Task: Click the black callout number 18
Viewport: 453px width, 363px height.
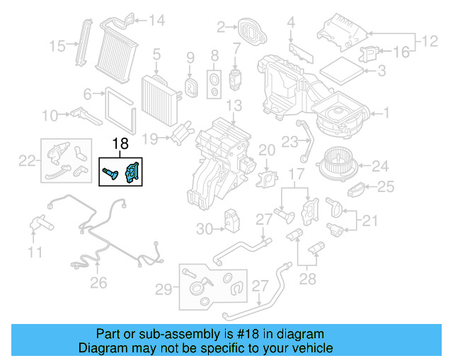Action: click(120, 144)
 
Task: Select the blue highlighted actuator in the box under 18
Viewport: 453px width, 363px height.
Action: click(132, 172)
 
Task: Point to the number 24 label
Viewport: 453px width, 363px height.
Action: click(381, 167)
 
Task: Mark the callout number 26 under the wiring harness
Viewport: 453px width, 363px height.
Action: click(98, 283)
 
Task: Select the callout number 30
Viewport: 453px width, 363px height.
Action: click(204, 229)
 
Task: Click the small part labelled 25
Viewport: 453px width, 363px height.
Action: click(358, 190)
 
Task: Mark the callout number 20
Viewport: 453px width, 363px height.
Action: click(266, 150)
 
